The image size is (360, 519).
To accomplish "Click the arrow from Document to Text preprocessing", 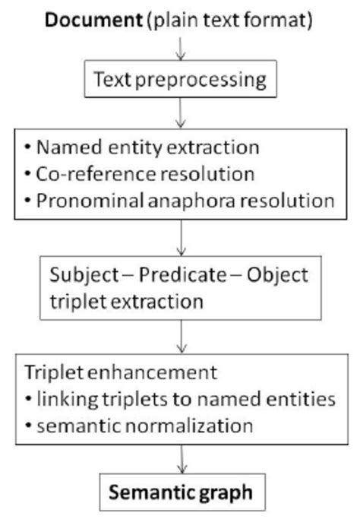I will click(179, 49).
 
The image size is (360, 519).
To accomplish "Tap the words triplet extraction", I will click(128, 301).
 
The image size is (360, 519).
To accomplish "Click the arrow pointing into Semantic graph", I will click(179, 460).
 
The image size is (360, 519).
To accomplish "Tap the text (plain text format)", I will click(232, 21).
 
